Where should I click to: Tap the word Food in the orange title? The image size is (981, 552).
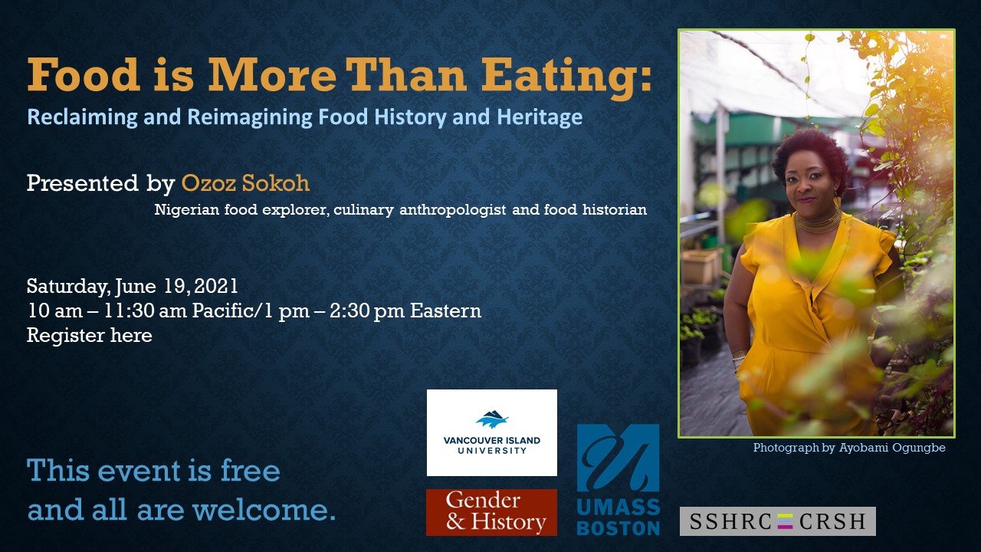pyautogui.click(x=84, y=74)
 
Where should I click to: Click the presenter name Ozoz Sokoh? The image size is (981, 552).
pyautogui.click(x=245, y=182)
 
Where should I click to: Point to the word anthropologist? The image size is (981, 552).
pyautogui.click(x=452, y=209)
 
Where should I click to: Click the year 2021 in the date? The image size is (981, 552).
pyautogui.click(x=216, y=286)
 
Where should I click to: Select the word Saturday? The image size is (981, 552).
pyautogui.click(x=67, y=287)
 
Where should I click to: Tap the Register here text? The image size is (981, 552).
pyautogui.click(x=90, y=335)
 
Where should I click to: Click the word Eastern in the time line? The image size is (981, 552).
pyautogui.click(x=445, y=310)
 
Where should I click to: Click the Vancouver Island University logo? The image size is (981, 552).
pyautogui.click(x=492, y=432)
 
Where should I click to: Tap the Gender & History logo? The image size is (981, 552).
pyautogui.click(x=491, y=512)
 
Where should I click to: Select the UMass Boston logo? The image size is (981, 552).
pyautogui.click(x=618, y=480)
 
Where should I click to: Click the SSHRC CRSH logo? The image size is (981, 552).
pyautogui.click(x=777, y=521)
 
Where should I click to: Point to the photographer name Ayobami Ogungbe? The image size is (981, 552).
pyautogui.click(x=892, y=448)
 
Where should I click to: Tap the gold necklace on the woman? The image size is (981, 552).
pyautogui.click(x=818, y=222)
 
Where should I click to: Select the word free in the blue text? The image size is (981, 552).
pyautogui.click(x=250, y=471)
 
